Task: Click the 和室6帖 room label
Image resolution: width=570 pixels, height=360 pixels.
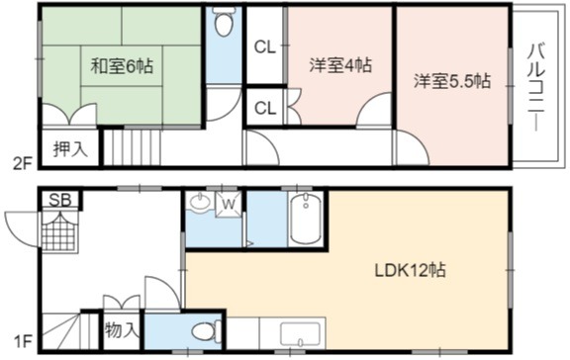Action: (122, 65)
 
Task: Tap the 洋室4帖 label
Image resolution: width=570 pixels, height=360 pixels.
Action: (340, 65)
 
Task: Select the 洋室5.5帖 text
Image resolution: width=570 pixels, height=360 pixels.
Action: (452, 81)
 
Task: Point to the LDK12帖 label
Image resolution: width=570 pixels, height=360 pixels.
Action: (411, 270)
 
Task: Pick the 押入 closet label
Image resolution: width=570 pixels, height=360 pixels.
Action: (70, 148)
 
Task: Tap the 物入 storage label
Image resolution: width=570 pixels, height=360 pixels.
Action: (122, 330)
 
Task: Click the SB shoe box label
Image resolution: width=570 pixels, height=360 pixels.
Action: (60, 200)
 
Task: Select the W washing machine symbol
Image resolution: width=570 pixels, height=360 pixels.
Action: (229, 205)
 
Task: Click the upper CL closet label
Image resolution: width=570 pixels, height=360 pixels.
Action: (264, 47)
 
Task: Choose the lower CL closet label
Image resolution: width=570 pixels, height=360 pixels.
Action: (264, 108)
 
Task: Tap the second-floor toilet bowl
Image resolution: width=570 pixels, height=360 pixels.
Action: (224, 22)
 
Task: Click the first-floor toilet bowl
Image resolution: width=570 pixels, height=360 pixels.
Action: (206, 331)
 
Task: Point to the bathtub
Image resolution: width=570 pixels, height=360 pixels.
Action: (306, 221)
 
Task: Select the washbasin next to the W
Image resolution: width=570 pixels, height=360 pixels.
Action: (199, 201)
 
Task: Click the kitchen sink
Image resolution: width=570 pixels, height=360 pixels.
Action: (300, 334)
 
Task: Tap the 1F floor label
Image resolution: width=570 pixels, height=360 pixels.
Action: (23, 341)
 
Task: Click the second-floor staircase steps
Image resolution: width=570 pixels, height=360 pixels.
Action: (133, 147)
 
